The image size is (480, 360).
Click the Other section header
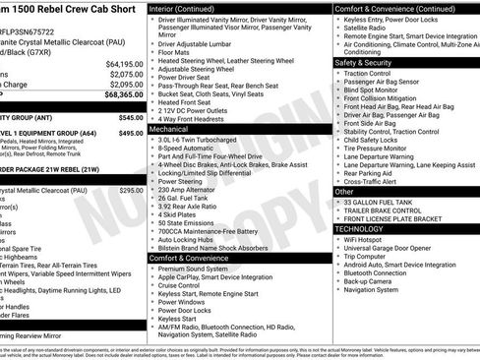pos(345,192)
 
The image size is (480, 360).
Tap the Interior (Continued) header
pos(188,8)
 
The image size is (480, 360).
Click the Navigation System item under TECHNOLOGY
pos(380,289)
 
